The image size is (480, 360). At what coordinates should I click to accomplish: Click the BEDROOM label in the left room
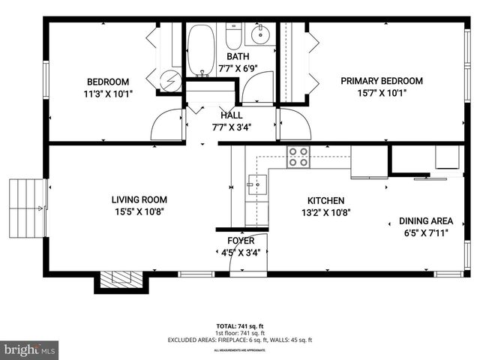click(107, 82)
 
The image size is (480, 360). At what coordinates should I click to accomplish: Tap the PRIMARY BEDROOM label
click(381, 81)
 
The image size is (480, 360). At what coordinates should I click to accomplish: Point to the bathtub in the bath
click(200, 50)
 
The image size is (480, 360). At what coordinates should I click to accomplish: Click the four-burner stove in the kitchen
click(298, 157)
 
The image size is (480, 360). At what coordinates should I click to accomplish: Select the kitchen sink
click(256, 182)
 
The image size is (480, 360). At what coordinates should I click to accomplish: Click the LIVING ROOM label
click(139, 200)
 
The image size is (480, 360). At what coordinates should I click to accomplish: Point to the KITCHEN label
click(325, 201)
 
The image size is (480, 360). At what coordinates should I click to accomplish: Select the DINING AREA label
click(425, 221)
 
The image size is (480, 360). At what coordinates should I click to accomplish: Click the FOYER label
click(241, 241)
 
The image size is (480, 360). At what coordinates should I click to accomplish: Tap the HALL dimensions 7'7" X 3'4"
click(231, 127)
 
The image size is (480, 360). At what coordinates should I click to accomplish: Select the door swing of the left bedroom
click(166, 125)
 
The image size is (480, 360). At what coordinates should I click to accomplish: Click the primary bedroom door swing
click(292, 124)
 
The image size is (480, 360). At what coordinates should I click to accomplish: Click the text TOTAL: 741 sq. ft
click(239, 326)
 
